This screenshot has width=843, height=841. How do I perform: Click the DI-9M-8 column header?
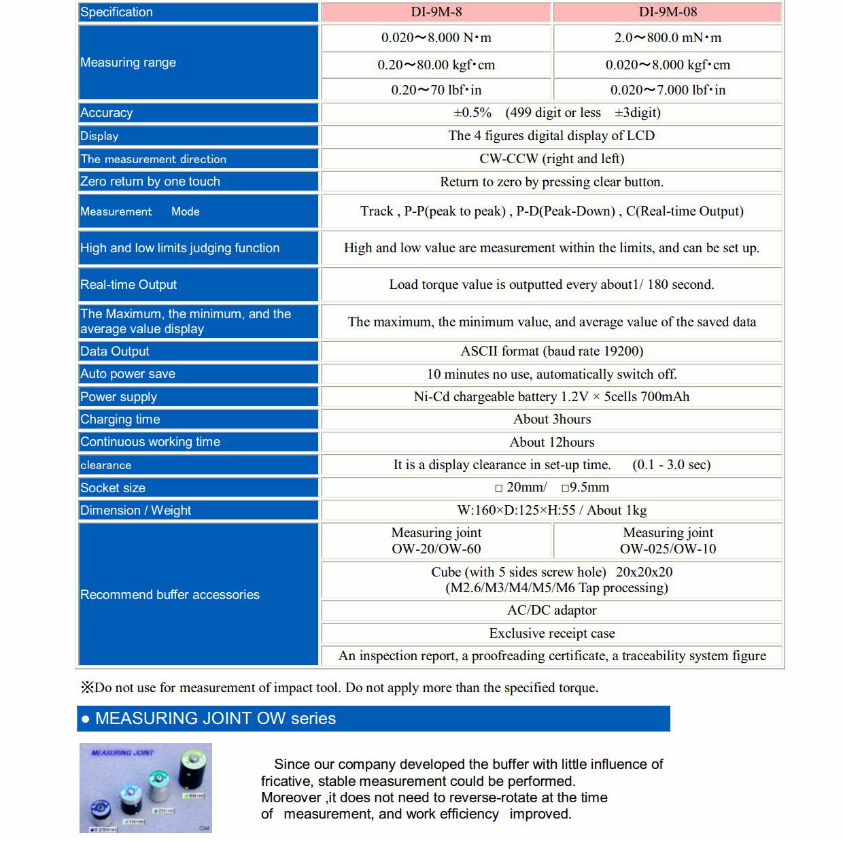point(436,12)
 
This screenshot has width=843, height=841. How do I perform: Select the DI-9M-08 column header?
point(668,12)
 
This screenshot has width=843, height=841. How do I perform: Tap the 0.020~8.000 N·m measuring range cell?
point(436,38)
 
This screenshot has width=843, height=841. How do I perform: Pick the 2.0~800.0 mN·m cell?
point(668,38)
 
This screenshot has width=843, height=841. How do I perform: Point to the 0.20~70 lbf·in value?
point(436,90)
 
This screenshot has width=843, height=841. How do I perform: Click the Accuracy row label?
point(107,113)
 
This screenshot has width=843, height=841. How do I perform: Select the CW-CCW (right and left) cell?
point(551,158)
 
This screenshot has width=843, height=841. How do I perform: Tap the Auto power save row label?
point(128,374)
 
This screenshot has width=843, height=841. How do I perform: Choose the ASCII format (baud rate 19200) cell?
point(551,351)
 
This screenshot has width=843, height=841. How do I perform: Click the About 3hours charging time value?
point(551,419)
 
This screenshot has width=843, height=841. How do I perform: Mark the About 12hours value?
point(551,442)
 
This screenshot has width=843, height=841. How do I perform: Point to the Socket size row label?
point(113,487)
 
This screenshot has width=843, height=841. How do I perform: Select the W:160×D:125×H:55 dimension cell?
point(551,510)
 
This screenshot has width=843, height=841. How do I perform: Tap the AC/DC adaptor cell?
point(551,611)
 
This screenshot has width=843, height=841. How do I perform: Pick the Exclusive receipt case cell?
point(551,633)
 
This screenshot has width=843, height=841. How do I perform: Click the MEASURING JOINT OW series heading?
point(216,719)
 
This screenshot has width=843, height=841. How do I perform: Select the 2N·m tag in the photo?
point(164,810)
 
